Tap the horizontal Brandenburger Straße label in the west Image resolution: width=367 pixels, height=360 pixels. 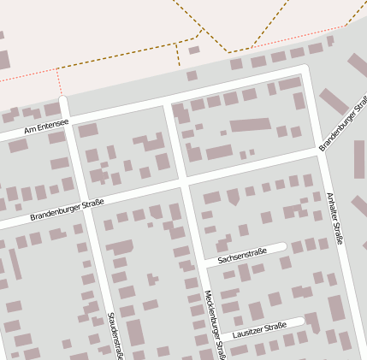tap(67, 210)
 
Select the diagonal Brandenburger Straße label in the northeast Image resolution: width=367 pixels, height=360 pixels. tap(342, 131)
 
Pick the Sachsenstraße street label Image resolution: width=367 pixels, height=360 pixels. tap(242, 255)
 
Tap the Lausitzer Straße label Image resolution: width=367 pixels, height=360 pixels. tap(259, 328)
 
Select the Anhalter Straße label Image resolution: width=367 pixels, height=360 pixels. tap(334, 219)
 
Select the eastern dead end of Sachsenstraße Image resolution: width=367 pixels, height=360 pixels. tap(283, 247)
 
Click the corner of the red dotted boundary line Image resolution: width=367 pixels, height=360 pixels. tap(58, 69)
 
